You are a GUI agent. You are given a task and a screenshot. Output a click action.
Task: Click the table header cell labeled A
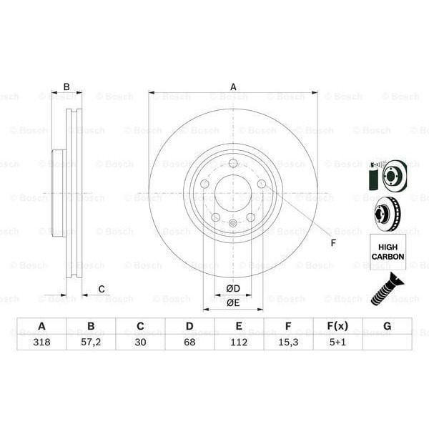41,326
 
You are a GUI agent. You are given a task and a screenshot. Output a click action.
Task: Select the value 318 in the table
41,342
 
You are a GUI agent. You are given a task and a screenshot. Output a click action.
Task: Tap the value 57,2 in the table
91,342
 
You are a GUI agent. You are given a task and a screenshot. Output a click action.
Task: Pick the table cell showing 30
140,342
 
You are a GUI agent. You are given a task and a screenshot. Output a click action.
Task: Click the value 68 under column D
189,342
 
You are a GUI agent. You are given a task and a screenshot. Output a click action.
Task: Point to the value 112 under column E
239,342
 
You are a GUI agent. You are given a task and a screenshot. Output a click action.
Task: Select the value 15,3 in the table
288,342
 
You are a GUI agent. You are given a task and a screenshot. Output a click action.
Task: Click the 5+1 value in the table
337,342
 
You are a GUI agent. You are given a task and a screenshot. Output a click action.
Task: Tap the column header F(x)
337,326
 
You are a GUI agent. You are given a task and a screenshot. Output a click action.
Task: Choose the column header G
387,326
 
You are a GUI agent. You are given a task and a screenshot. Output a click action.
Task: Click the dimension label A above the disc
233,87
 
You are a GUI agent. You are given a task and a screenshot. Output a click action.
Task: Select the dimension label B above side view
66,87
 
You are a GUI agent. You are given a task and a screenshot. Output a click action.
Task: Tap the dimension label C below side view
102,289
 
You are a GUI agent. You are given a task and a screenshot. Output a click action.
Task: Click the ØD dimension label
233,288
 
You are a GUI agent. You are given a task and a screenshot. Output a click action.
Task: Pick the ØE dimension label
233,302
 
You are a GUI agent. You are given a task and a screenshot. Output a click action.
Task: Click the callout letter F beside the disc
332,243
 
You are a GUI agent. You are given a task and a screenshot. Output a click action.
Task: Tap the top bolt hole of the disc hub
233,164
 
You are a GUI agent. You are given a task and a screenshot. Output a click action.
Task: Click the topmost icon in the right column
387,176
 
